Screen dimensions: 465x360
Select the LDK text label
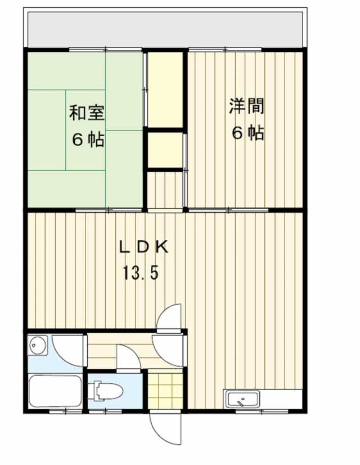(143, 247)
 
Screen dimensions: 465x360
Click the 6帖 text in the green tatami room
(88, 139)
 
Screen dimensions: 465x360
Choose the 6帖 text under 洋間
(247, 133)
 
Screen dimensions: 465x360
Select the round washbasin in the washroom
(38, 345)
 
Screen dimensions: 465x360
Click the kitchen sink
(242, 400)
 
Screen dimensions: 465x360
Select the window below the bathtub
(65, 412)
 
